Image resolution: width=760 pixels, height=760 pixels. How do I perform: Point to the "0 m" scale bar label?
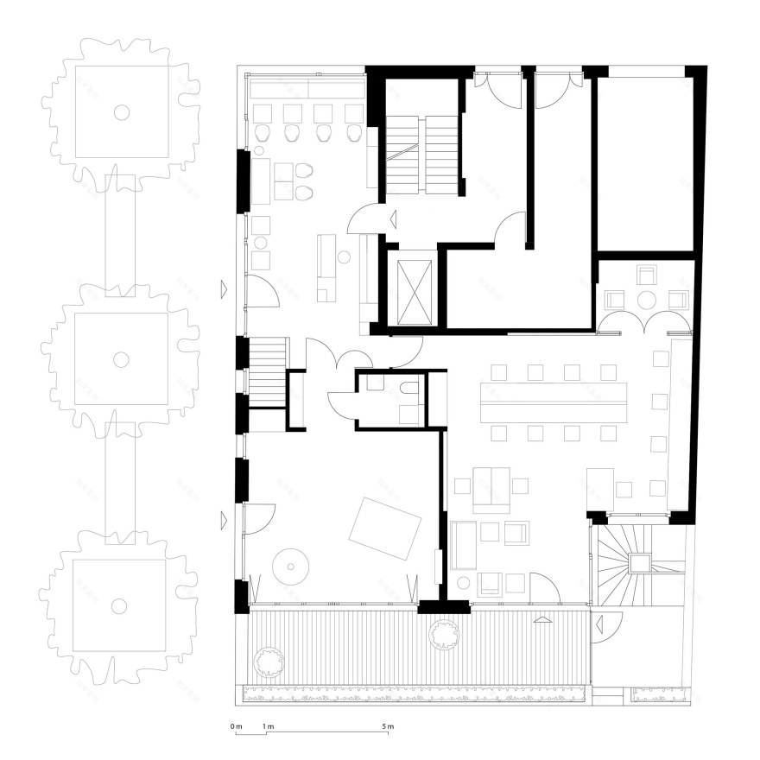point(237,726)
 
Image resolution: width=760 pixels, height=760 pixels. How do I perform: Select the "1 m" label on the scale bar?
point(269,726)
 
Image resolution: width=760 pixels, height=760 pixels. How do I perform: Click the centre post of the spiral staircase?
point(639,564)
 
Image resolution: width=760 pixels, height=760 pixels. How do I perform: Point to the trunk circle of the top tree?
point(122,111)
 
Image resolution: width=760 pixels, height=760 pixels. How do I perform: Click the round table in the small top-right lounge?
point(646,300)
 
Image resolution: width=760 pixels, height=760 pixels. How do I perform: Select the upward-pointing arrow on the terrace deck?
point(542,619)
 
